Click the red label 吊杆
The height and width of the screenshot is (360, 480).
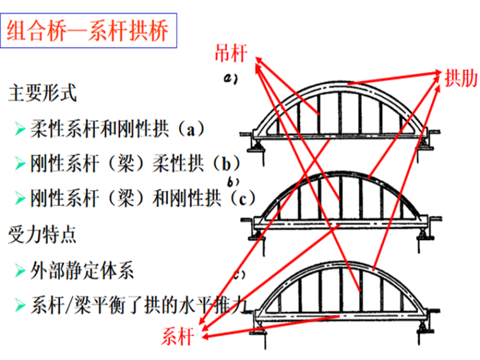[231, 53]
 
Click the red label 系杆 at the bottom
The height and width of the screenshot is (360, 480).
[177, 337]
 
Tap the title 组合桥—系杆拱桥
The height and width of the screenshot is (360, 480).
[88, 30]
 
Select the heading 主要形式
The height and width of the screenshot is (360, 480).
[42, 93]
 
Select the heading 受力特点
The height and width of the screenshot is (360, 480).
[42, 234]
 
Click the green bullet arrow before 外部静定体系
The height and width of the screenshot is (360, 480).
[20, 270]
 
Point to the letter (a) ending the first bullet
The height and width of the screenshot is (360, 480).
[191, 129]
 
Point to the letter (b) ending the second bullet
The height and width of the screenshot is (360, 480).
[226, 164]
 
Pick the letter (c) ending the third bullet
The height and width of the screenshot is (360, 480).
[243, 199]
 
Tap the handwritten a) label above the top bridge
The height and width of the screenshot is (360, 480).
[231, 79]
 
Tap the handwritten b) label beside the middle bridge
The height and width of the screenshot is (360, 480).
[233, 182]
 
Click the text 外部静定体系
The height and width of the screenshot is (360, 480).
[82, 270]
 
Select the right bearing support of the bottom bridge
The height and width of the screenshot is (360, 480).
[424, 328]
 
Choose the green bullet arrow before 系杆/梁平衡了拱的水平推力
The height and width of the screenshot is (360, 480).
[20, 305]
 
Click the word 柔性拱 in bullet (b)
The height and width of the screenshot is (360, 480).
[178, 164]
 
